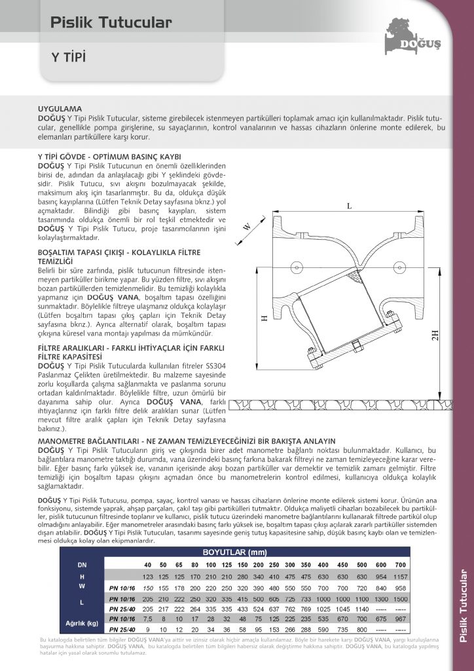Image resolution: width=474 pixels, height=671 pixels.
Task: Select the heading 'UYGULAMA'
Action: [60, 107]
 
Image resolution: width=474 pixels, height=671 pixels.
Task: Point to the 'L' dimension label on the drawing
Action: [349, 206]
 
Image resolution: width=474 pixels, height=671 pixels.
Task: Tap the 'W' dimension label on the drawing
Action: [247, 227]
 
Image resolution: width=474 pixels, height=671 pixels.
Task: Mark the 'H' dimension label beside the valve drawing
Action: [264, 318]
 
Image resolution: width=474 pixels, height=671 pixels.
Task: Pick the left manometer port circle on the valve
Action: [297, 267]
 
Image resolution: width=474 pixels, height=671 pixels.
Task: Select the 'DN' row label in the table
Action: [82, 565]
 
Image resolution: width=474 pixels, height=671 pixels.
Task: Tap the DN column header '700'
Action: [401, 565]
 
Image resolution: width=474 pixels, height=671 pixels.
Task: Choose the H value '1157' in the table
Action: [401, 577]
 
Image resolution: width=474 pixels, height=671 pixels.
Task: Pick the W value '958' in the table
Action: [401, 588]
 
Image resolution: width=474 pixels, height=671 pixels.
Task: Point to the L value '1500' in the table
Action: [401, 599]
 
